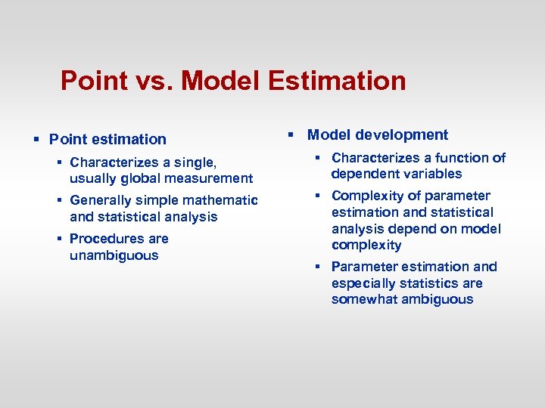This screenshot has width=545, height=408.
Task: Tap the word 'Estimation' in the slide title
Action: [x=337, y=80]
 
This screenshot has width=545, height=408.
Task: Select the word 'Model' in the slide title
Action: [x=223, y=80]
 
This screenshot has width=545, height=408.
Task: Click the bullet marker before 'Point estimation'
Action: [x=36, y=139]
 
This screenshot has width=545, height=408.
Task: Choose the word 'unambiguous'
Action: [x=114, y=255]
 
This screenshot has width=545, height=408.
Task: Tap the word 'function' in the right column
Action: [x=460, y=158]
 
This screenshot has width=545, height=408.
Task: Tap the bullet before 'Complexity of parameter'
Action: [x=319, y=196]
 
